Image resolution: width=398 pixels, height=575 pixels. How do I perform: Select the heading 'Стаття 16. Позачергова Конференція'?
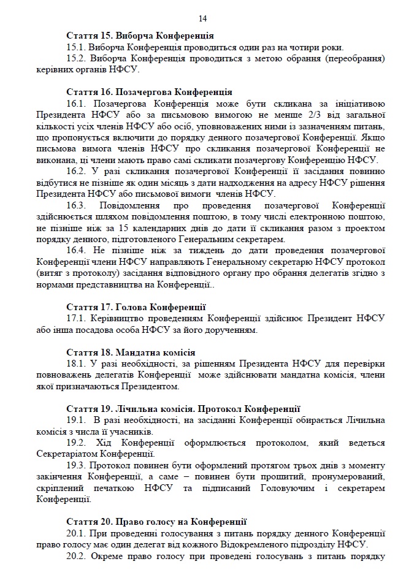click(149, 92)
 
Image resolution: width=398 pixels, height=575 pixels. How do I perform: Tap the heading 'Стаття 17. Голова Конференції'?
click(136, 307)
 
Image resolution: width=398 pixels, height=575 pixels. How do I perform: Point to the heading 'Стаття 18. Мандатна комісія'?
click(131, 352)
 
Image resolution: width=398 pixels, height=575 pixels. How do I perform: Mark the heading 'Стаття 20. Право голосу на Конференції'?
click(156, 522)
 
